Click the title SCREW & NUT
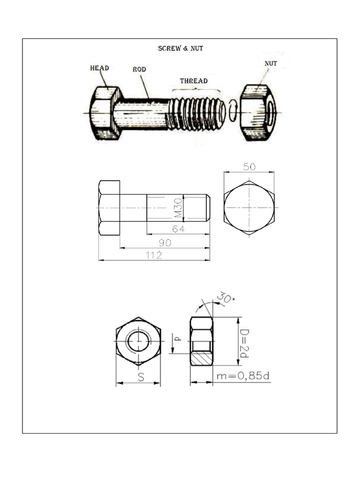pos(180,49)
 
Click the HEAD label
pos(99,68)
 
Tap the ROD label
pos(139,69)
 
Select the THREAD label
pos(194,81)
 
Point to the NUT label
pos(270,63)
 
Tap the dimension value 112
pos(154,255)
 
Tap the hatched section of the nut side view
pos(201,359)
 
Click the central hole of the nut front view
pos(139,341)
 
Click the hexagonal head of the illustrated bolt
pos(105,113)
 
